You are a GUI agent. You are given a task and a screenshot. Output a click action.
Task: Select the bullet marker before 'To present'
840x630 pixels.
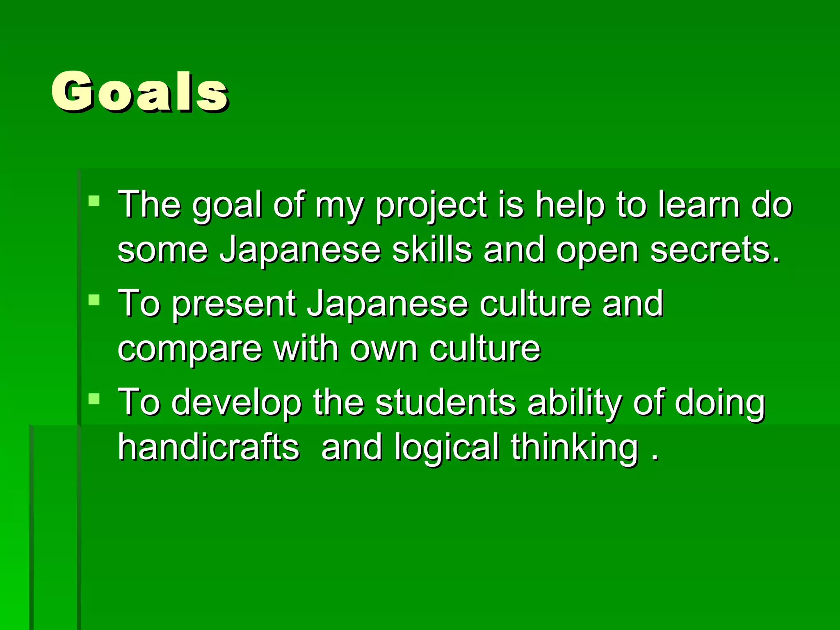94,300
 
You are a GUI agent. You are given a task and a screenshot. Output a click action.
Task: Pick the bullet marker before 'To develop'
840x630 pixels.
94,399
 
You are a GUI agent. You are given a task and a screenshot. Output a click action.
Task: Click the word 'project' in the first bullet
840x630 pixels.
431,205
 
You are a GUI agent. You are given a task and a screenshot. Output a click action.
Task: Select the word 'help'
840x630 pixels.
570,205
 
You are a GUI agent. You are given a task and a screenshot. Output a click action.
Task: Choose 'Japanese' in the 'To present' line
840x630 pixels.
388,304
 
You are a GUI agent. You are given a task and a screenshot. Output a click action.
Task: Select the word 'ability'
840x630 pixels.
574,403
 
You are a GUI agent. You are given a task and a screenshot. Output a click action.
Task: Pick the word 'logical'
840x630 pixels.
447,448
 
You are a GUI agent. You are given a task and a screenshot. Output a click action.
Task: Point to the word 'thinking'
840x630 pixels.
575,448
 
